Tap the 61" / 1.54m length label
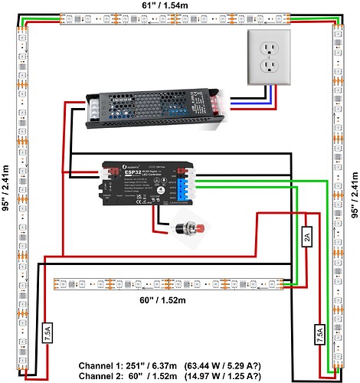[x=164, y=6]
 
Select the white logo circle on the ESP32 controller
[x=108, y=165]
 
